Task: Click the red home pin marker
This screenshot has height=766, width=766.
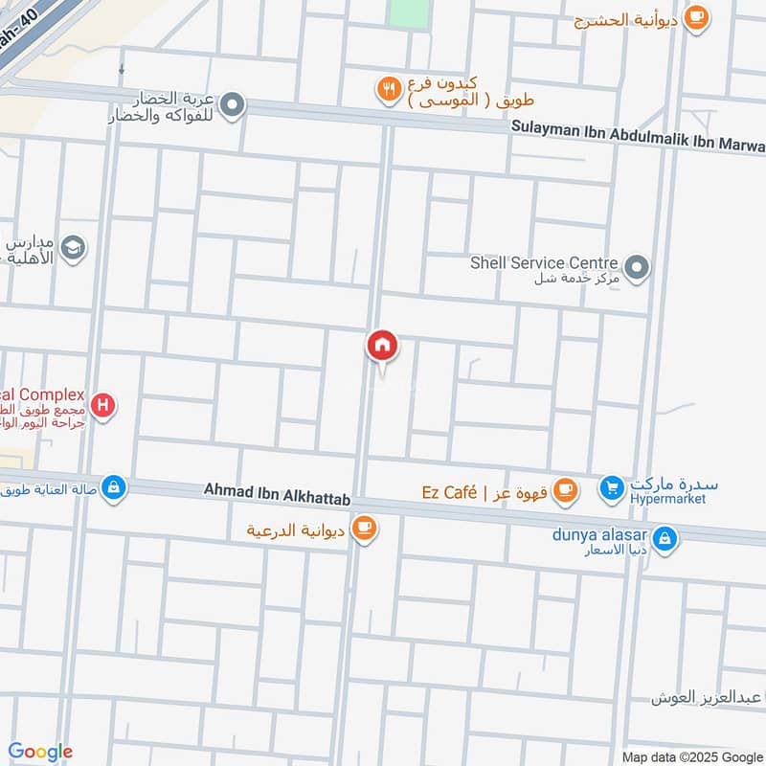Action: (382, 346)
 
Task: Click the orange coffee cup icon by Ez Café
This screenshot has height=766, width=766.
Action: (566, 490)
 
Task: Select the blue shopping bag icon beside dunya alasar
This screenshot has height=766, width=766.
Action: (665, 539)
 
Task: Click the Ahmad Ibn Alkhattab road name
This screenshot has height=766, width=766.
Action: (278, 489)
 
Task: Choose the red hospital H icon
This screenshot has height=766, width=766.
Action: (103, 407)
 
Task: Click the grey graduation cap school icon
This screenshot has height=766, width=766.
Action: (73, 249)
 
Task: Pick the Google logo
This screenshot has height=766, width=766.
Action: (40, 752)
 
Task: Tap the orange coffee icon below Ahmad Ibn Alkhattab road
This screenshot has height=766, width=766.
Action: (363, 528)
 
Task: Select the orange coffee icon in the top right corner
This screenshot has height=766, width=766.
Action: (697, 16)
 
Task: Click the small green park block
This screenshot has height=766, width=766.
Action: (409, 12)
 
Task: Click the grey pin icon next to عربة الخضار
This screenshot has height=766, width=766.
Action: (232, 105)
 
